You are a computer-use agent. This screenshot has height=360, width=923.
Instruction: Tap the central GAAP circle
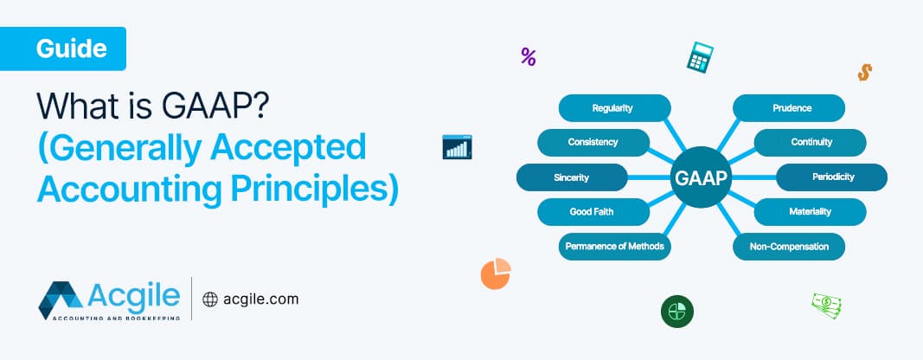(x=700, y=178)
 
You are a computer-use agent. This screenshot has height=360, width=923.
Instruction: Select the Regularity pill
(x=613, y=108)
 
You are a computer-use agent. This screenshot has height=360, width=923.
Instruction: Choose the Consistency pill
(x=593, y=142)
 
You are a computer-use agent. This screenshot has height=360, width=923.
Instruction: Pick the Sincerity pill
(x=572, y=177)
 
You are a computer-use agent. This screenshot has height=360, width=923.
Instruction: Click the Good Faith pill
(x=593, y=211)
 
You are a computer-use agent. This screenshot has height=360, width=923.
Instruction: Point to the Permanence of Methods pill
(x=614, y=247)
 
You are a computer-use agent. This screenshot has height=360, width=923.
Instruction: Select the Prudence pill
(x=789, y=108)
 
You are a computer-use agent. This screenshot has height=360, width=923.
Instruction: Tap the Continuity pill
(x=811, y=142)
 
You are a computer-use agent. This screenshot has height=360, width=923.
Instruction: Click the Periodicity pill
(x=832, y=177)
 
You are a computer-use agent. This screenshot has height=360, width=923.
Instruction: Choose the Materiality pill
(x=811, y=211)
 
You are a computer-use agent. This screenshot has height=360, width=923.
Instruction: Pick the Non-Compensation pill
(x=789, y=247)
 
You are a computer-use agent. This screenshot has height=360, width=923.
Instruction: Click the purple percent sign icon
(x=529, y=57)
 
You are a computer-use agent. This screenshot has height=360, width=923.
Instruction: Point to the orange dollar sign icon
(x=863, y=72)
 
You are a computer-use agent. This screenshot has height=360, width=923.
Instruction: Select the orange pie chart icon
(x=496, y=273)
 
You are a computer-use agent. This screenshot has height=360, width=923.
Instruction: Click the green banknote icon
(x=826, y=305)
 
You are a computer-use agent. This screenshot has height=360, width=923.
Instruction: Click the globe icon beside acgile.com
(x=210, y=299)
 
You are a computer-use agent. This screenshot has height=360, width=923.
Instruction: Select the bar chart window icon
(x=456, y=146)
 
